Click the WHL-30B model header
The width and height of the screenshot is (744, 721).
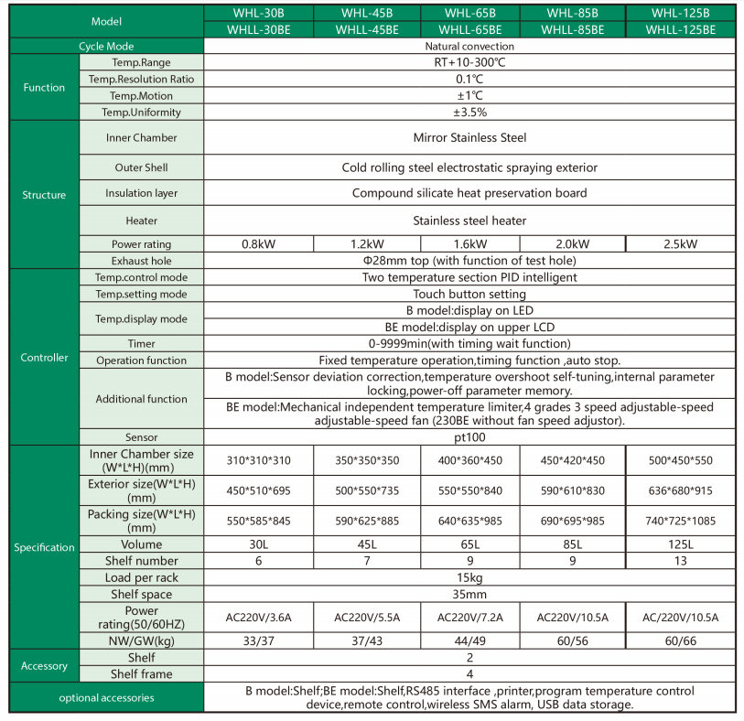click(x=258, y=14)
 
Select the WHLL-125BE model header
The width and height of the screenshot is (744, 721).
click(x=680, y=29)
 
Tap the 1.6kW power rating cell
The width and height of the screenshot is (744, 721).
click(x=469, y=244)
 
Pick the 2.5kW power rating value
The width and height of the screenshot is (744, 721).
click(x=680, y=244)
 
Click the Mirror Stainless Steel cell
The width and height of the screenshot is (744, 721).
click(x=469, y=138)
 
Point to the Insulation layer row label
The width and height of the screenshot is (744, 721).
click(x=141, y=194)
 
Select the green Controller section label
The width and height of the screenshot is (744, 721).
click(x=44, y=358)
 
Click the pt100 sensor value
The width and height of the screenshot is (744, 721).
click(x=469, y=437)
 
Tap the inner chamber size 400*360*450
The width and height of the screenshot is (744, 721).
click(x=469, y=460)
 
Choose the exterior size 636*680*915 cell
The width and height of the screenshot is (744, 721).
click(x=680, y=490)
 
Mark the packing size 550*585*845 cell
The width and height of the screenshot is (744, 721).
click(x=258, y=522)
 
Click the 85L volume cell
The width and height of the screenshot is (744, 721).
click(x=573, y=544)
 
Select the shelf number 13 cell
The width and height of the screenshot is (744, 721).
click(x=680, y=561)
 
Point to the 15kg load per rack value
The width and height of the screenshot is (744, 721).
click(x=469, y=578)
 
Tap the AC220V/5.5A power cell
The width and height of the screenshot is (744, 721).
click(x=365, y=617)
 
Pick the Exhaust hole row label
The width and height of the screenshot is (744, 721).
click(x=141, y=261)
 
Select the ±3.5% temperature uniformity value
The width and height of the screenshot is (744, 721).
click(x=469, y=113)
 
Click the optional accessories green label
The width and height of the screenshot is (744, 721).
click(x=106, y=698)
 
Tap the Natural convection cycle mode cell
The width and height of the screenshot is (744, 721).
click(x=469, y=46)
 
